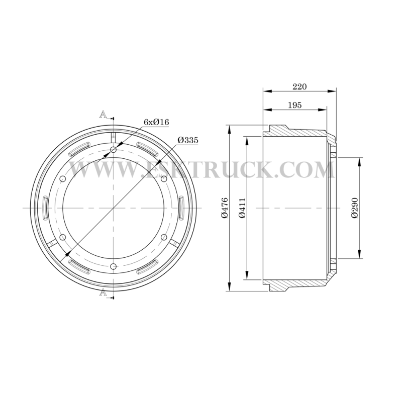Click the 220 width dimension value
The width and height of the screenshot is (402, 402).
299,86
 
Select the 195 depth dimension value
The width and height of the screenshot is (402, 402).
295,105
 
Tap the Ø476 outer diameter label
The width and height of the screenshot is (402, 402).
224,208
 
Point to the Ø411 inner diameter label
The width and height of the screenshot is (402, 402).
242,208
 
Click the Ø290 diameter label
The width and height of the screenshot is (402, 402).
355,208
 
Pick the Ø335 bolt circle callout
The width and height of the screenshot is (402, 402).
188,140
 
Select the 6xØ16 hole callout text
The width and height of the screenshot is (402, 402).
156,122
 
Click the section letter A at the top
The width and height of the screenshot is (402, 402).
103,115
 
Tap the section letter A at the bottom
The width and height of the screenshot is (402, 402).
103,292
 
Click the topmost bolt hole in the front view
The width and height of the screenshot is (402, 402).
113,149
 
